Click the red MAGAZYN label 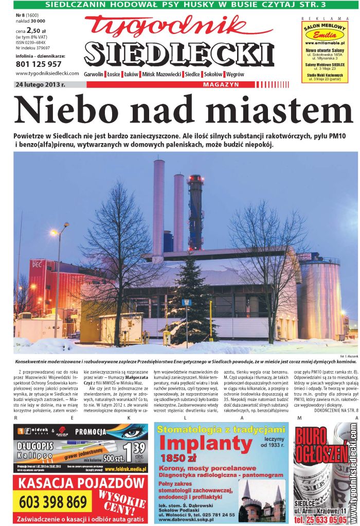221,84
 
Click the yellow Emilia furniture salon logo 325,36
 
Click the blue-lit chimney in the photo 195,211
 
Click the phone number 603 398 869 53,502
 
